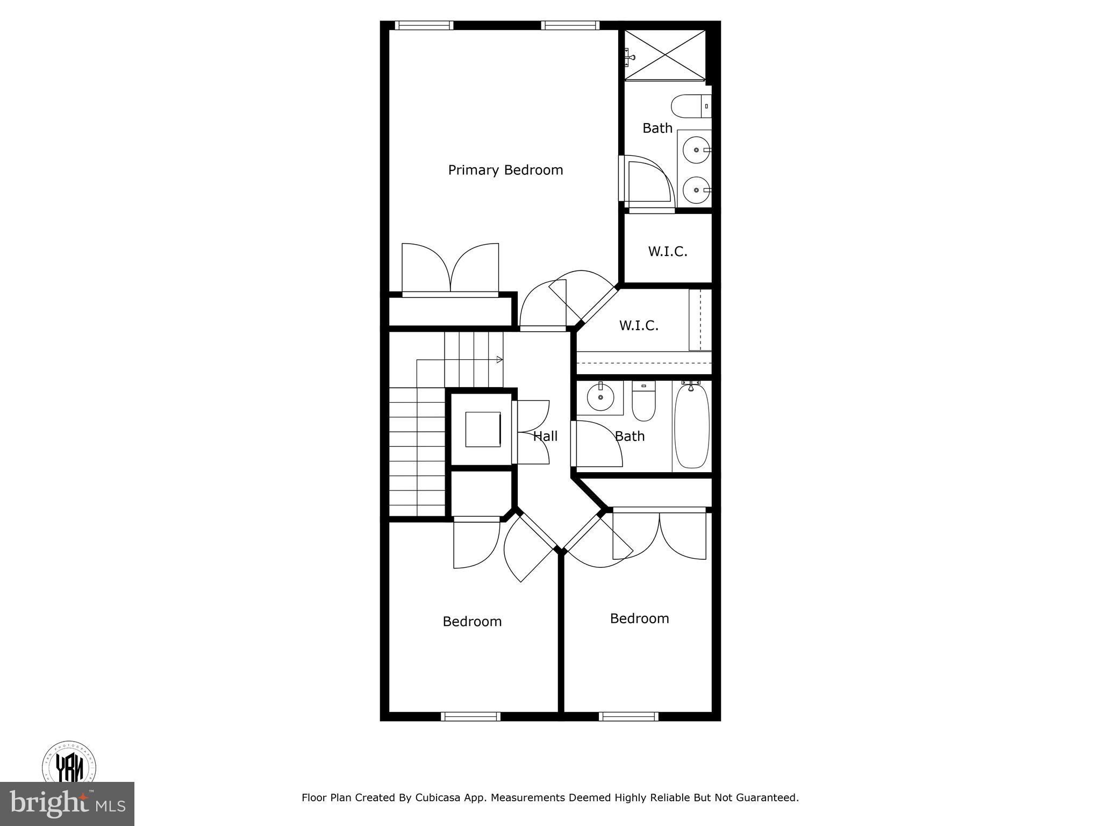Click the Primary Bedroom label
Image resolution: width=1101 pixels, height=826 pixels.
(505, 170)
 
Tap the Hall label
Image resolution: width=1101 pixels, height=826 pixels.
(545, 436)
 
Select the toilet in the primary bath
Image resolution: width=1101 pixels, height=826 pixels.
(690, 106)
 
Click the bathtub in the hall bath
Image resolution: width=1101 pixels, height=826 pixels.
(692, 426)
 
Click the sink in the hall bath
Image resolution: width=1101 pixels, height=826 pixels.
(600, 398)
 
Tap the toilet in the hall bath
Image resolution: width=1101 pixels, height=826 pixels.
(644, 402)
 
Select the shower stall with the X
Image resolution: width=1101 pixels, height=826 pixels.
(665, 55)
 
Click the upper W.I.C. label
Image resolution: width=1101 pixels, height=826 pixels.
(667, 251)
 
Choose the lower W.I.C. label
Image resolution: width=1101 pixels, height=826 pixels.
(639, 325)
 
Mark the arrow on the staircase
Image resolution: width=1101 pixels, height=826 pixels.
(499, 359)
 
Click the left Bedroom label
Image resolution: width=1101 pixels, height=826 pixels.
(472, 622)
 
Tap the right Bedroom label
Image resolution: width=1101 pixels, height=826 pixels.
(639, 618)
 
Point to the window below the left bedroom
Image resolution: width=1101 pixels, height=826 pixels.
(470, 716)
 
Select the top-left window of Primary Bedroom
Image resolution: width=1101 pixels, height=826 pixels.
(424, 25)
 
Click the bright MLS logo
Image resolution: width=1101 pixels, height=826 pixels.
(67, 803)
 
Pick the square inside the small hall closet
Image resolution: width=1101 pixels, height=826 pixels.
(483, 429)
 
